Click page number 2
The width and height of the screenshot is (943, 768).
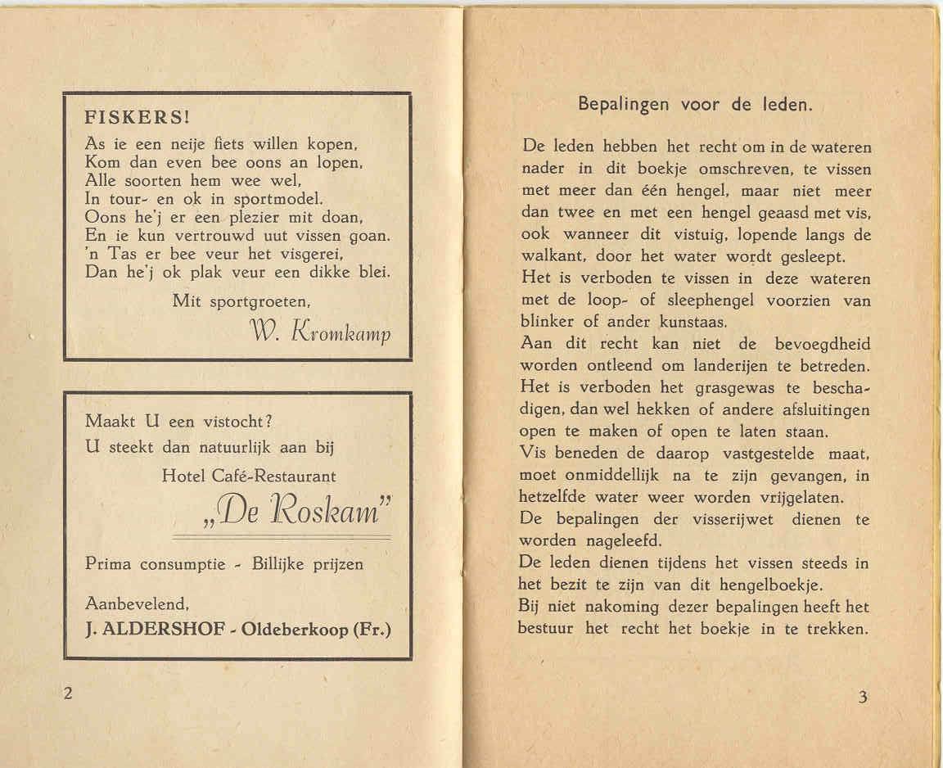click(x=68, y=693)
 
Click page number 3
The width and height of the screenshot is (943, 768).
click(x=863, y=698)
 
